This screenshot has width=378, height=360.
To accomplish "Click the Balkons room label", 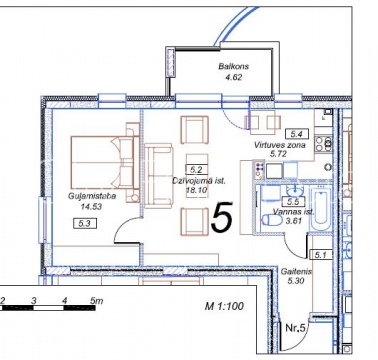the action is click(234, 66).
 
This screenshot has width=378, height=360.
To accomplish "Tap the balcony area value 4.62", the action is click(234, 77).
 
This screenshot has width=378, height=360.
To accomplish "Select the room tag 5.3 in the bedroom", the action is click(85, 223).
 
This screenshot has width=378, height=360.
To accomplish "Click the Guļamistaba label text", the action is click(92, 196).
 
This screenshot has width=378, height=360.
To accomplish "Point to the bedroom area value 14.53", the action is click(91, 207).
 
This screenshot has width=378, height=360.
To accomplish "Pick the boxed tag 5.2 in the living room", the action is click(197, 170).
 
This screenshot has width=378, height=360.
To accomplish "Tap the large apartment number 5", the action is click(222, 217).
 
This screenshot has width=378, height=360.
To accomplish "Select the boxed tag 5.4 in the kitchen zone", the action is click(297, 134).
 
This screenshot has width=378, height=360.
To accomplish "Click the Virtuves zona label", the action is click(279, 145).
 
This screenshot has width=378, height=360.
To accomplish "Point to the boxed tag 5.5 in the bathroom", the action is click(294, 201).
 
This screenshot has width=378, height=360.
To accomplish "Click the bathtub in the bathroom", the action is click(320, 209).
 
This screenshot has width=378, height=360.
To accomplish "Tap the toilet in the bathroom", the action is click(272, 220).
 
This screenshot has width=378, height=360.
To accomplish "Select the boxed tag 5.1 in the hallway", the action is click(321, 255).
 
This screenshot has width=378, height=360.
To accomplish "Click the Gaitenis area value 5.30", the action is click(296, 281).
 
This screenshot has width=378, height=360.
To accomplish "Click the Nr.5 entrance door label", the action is click(295, 328).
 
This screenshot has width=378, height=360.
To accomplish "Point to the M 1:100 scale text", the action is click(224, 306).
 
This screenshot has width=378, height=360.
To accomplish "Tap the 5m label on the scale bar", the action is click(96, 301).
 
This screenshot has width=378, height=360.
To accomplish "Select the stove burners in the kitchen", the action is click(324, 144).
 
